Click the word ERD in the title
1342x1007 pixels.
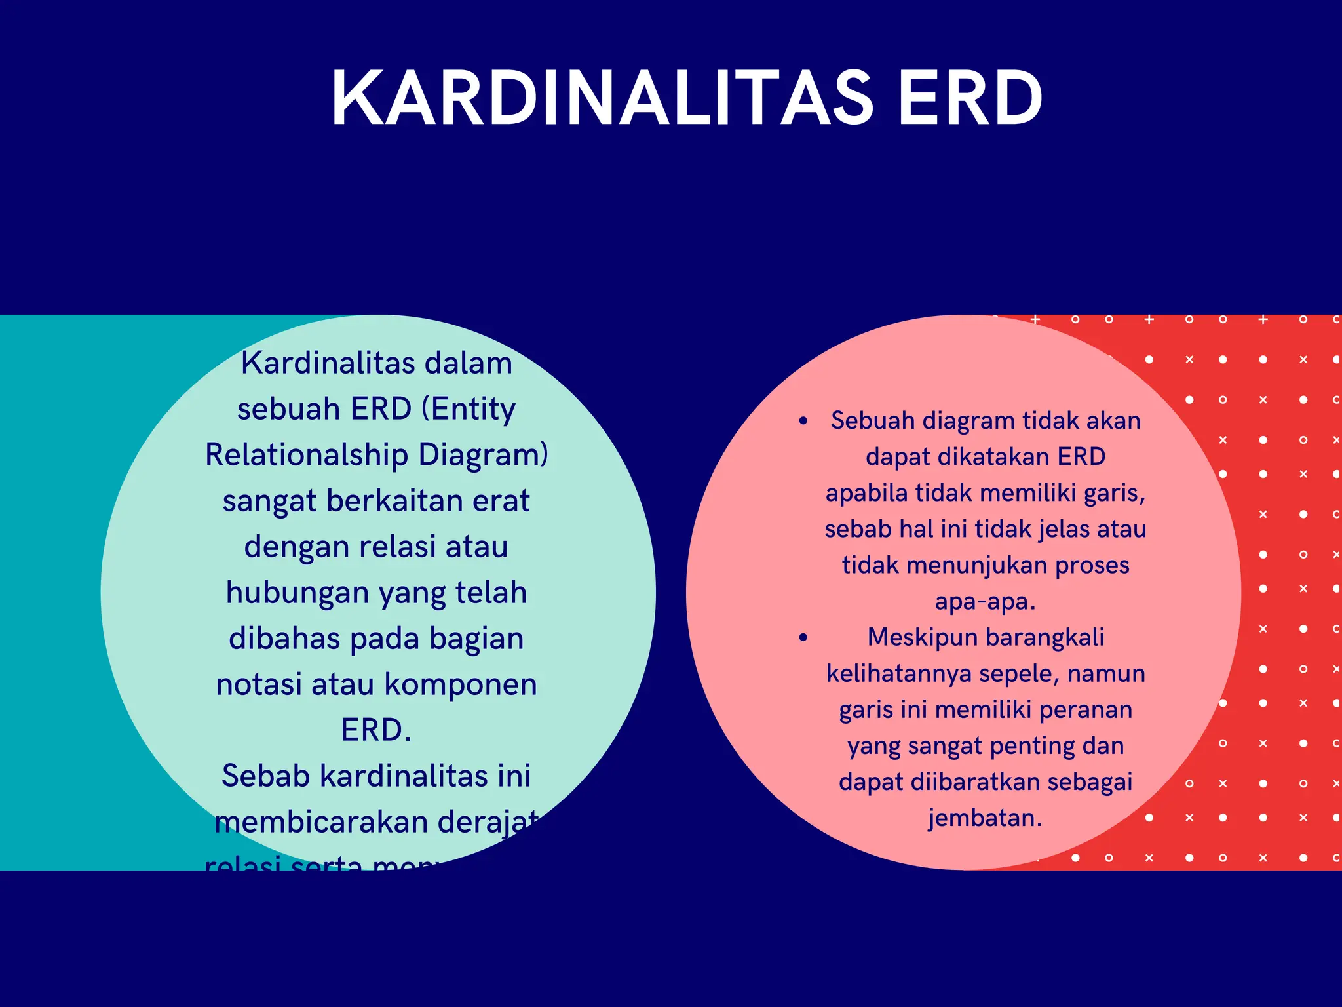[970, 98]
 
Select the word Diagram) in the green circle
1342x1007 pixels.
[483, 455]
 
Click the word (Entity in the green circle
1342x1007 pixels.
[468, 409]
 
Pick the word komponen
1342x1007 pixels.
[460, 684]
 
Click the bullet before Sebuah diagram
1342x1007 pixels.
[803, 421]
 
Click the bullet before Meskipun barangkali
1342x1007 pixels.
[803, 637]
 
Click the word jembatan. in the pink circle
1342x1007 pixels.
[985, 818]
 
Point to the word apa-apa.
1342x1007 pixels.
[985, 601]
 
